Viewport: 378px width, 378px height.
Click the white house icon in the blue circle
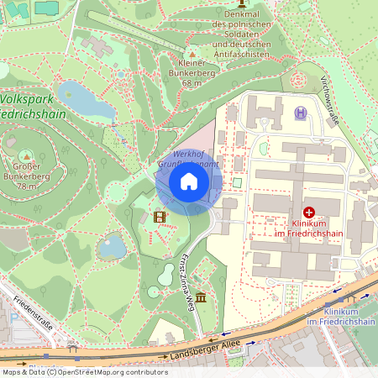(x=189, y=181)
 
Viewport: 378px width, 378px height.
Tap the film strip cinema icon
(x=160, y=218)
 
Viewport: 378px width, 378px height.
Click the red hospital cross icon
(x=308, y=213)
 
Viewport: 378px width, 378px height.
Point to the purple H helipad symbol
(x=300, y=113)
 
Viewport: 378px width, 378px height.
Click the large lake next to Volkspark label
(x=84, y=100)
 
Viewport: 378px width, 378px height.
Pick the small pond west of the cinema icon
(x=112, y=246)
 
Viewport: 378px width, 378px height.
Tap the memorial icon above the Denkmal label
(x=240, y=3)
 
